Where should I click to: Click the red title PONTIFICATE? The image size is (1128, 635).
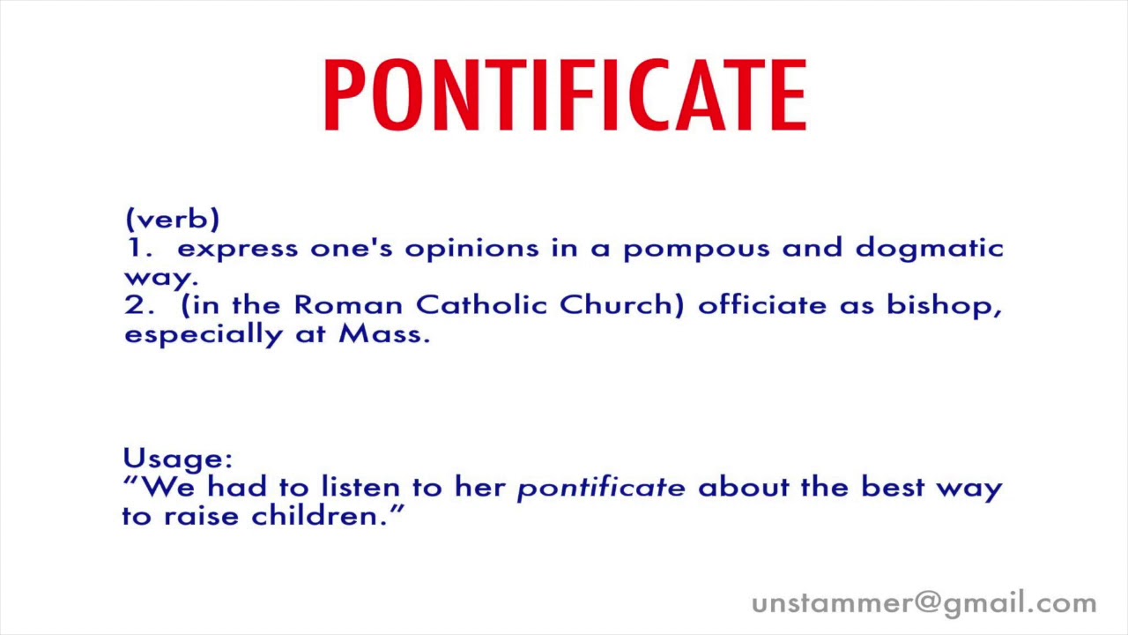coord(564,95)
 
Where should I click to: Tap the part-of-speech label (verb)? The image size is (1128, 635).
coord(173,220)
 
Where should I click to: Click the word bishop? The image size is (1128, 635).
coord(943,306)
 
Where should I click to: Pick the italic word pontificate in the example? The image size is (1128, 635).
coord(600,488)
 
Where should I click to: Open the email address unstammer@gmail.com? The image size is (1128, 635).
coord(924,603)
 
